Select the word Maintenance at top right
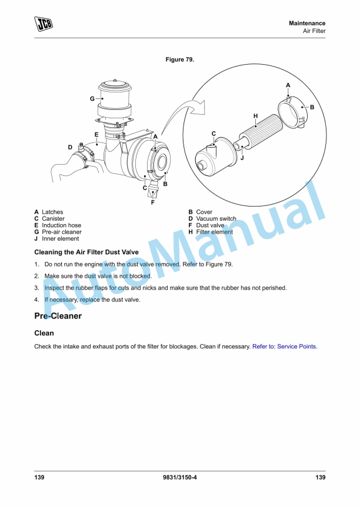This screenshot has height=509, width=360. coord(307,23)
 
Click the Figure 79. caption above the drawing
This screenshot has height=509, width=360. coord(180,60)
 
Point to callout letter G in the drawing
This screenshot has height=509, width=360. coord(92,99)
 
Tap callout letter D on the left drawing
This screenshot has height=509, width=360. coord(70,147)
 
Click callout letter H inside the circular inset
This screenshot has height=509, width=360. coord(256,116)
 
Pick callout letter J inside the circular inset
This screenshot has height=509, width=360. coord(242,157)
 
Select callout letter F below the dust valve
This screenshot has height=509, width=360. coord(153,202)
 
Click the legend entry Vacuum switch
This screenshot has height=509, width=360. coord(216,219)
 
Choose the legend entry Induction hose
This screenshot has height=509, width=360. coord(61,225)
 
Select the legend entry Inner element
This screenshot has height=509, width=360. coord(60,239)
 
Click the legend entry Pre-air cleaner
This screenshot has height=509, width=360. coord(61,232)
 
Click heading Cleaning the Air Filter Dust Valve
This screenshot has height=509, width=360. coord(86,252)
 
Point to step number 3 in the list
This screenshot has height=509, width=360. coord(36,288)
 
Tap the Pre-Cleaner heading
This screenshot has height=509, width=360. coord(58,316)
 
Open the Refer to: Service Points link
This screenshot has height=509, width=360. coord(285,347)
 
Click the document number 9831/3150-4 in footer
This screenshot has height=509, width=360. coord(180,477)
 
